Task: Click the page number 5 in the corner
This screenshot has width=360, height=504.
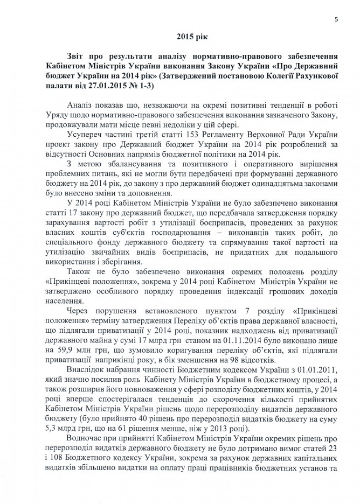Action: (335, 20)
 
